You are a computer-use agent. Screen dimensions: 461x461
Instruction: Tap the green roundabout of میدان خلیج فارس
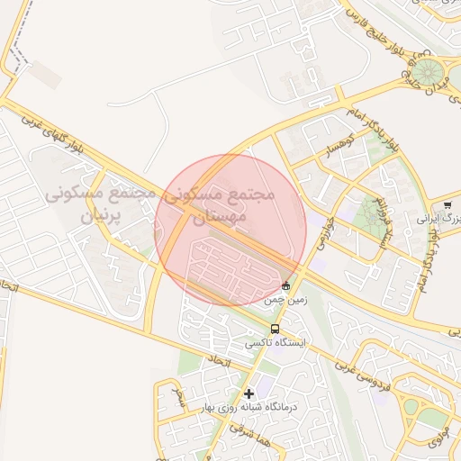pos(427,69)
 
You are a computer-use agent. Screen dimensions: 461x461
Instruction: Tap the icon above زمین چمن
pos(285,285)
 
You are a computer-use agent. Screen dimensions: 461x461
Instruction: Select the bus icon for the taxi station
pos(275,329)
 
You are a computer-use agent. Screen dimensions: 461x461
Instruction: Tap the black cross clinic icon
pos(249,393)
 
